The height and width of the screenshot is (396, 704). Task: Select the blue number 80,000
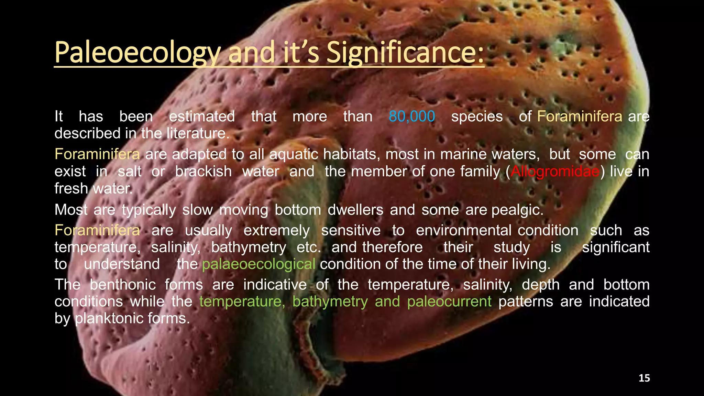pos(412,117)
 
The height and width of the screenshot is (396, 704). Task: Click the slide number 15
pos(644,378)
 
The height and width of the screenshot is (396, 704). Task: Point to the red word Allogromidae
pos(555,171)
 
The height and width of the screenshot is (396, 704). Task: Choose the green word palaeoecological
pos(258,264)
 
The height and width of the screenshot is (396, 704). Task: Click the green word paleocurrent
pos(449,301)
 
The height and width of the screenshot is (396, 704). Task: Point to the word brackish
pos(203,171)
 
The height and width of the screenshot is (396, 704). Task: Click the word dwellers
pos(355,210)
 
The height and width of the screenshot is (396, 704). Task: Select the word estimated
pos(202,117)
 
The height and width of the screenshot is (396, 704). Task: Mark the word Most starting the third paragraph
pos(71,210)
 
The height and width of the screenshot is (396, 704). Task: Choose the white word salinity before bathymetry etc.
pos(175,247)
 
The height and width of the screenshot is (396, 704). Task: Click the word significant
pos(615,247)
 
